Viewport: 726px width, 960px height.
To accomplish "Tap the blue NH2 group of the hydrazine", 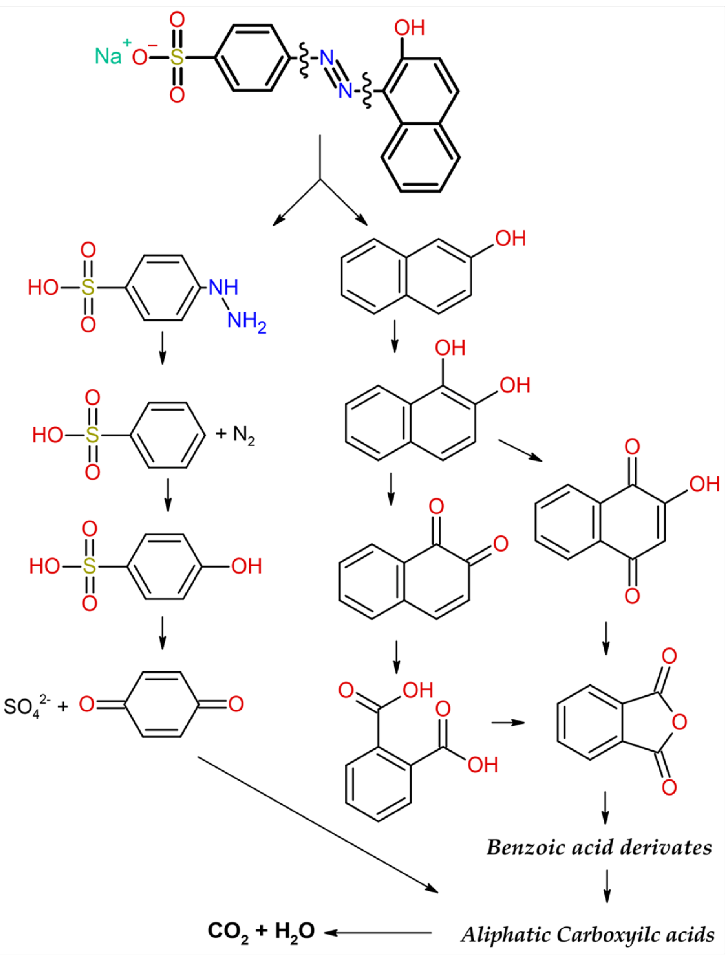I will pos(246,322).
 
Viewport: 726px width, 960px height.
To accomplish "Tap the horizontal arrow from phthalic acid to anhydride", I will pos(507,723).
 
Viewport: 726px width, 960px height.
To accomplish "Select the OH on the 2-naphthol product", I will pos(511,239).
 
